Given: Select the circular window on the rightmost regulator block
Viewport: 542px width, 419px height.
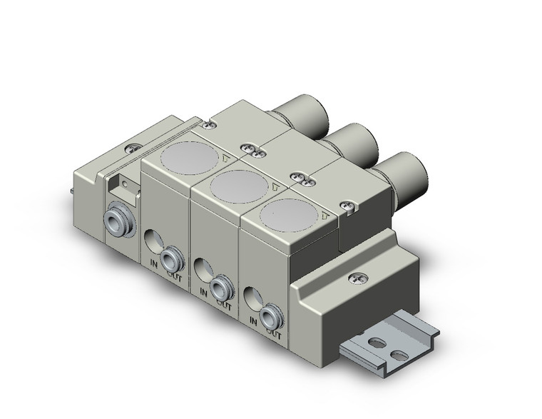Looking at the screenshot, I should tap(283, 215).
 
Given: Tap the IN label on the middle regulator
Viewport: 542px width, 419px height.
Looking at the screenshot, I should tap(205, 291).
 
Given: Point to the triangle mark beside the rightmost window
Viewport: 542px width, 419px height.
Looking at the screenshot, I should tap(324, 214).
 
